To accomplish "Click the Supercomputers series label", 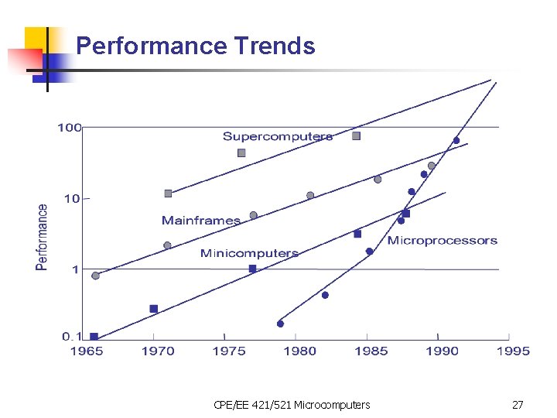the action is pyautogui.click(x=278, y=137).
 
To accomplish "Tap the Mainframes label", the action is pyautogui.click(x=201, y=221).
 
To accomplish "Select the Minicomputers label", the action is pyautogui.click(x=249, y=253).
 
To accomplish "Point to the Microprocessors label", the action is pyautogui.click(x=443, y=241).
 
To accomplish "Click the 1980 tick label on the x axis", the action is pyautogui.click(x=300, y=351).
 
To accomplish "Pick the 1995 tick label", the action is pyautogui.click(x=513, y=351).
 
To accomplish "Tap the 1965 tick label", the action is pyautogui.click(x=87, y=351).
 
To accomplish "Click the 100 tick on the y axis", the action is pyautogui.click(x=70, y=127).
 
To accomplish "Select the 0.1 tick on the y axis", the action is pyautogui.click(x=72, y=336).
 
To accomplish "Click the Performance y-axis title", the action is pyautogui.click(x=42, y=237).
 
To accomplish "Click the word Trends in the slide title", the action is pyautogui.click(x=275, y=46).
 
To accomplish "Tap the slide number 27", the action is pyautogui.click(x=518, y=405).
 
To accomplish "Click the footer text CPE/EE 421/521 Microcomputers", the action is pyautogui.click(x=292, y=405).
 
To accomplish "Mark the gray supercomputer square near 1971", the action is pyautogui.click(x=168, y=194).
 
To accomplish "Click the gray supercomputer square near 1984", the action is pyautogui.click(x=357, y=135).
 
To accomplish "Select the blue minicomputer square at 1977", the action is pyautogui.click(x=252, y=269).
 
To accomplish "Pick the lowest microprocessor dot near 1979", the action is pyautogui.click(x=280, y=324).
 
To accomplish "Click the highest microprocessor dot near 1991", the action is pyautogui.click(x=456, y=140).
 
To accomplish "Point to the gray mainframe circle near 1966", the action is pyautogui.click(x=95, y=276).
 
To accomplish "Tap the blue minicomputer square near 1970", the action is pyautogui.click(x=153, y=309).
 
